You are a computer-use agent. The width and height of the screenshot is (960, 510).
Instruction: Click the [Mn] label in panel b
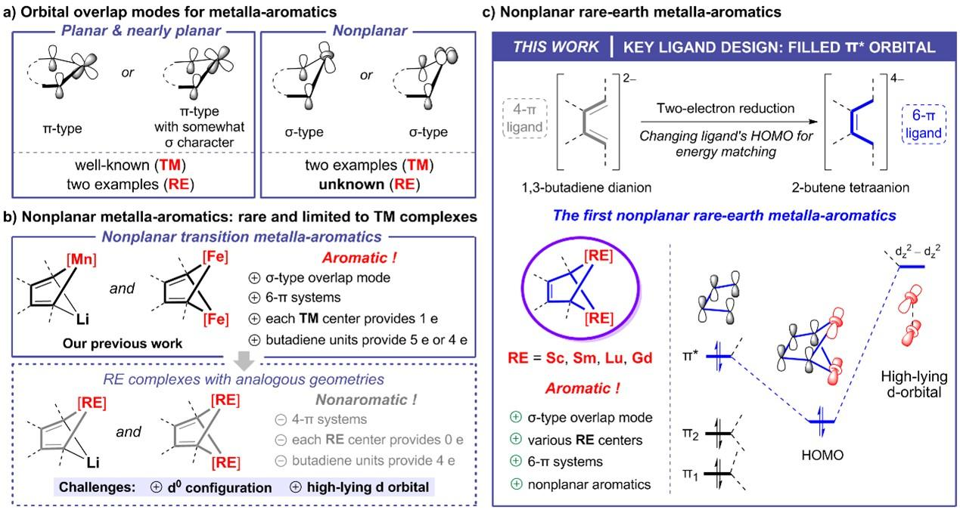(x=82, y=259)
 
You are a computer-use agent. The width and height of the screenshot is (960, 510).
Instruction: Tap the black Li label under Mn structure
(x=82, y=319)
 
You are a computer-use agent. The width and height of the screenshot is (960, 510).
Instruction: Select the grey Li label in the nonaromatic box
(x=92, y=462)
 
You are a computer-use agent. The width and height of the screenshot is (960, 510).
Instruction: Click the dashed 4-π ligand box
(x=524, y=118)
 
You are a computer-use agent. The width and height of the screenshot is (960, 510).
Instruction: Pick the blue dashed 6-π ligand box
(x=924, y=124)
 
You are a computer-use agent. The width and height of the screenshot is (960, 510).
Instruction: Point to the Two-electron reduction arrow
(x=729, y=122)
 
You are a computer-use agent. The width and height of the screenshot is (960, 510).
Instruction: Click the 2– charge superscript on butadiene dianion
(x=629, y=79)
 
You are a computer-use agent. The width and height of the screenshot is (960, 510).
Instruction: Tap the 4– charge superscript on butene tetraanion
(x=897, y=79)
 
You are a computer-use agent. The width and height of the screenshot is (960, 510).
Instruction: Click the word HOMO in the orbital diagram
(x=822, y=455)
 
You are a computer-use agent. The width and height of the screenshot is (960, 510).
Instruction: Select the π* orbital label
(x=691, y=356)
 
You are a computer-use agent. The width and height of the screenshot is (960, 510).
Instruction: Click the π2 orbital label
(x=691, y=434)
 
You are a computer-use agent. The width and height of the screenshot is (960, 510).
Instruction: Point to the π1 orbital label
(x=690, y=474)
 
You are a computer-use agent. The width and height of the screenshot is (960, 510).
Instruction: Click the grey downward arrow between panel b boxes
(x=244, y=361)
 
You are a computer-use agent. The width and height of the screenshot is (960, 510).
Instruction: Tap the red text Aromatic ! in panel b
(x=359, y=258)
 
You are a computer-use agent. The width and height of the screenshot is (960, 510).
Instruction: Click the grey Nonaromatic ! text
(x=366, y=400)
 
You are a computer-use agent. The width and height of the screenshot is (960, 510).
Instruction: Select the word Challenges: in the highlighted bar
(x=97, y=487)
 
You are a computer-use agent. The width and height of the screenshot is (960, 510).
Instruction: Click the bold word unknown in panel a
(x=352, y=184)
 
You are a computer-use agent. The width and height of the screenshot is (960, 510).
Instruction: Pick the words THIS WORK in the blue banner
(x=556, y=47)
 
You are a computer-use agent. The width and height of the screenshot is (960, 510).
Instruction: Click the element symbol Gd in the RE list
(x=642, y=357)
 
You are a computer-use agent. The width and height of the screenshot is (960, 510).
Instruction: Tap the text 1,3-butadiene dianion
(x=586, y=187)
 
